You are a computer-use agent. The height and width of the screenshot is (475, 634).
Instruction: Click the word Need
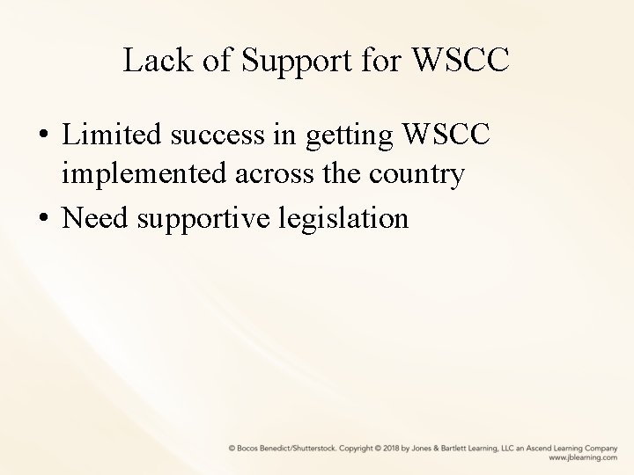pyautogui.click(x=95, y=216)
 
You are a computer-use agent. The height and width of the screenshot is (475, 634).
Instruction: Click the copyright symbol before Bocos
pyautogui.click(x=232, y=449)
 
